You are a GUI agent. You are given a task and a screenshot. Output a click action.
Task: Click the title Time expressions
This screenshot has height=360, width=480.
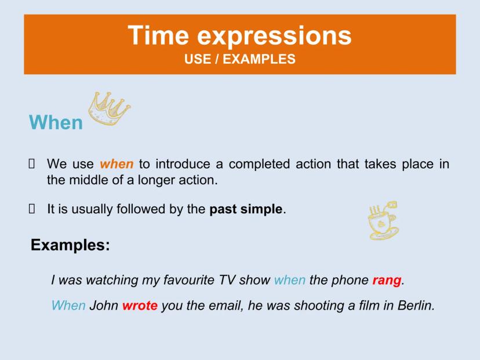239,35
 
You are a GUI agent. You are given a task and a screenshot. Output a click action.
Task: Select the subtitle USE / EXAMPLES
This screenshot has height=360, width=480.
239,59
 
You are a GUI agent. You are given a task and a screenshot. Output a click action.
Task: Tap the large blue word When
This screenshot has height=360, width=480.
56,122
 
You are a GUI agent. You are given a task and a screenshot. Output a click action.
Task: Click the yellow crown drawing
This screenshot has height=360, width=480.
108,108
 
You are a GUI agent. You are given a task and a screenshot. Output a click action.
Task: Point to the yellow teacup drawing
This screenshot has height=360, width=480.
383,220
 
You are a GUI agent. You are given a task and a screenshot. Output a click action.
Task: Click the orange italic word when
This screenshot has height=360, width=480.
117,164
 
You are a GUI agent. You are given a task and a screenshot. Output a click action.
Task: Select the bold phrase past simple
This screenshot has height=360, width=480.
246,209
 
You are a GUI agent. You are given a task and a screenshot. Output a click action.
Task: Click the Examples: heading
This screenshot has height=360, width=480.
70,245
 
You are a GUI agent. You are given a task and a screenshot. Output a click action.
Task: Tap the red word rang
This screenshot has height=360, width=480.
387,281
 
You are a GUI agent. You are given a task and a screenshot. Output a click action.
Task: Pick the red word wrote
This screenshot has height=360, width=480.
140,306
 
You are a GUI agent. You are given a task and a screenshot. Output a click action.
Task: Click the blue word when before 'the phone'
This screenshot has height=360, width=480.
290,280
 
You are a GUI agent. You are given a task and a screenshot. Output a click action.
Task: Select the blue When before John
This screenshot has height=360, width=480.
68,306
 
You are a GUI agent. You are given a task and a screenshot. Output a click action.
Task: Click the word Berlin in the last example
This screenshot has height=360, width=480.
416,306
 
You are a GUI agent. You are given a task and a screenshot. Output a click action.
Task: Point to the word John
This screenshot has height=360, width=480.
104,306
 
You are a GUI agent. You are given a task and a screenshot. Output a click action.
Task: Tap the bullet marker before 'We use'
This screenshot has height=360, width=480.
31,164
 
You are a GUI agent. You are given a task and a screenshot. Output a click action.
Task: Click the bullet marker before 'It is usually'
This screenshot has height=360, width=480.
31,209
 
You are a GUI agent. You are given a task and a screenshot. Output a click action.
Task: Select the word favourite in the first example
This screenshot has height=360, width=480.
188,280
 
